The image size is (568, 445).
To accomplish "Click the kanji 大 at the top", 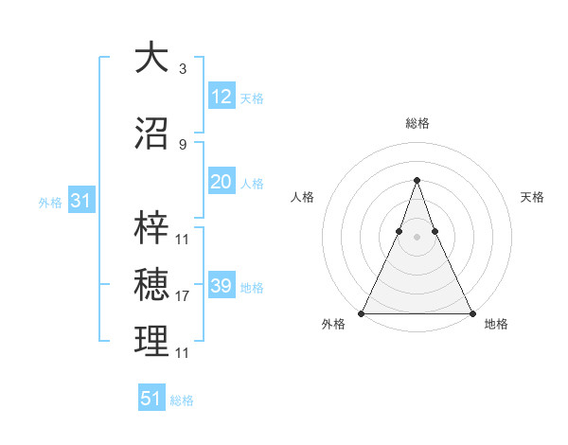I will pos(151,58).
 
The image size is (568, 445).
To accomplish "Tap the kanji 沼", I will pos(151,133).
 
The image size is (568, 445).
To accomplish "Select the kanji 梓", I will pos(151,227).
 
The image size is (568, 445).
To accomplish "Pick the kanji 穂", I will pos(151,285).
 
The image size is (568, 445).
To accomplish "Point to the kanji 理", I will pos(151,342).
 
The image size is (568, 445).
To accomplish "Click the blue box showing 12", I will pos(222,97).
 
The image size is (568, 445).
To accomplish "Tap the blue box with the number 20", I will pos(222,182).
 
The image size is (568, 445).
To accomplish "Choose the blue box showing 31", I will pos(81,201).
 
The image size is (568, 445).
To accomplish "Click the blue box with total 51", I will pos(151,399).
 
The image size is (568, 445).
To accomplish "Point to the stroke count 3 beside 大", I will pos(182,69).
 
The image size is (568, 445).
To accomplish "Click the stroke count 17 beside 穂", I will pos(183,296).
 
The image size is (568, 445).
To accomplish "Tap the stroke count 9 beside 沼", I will pos(182,145).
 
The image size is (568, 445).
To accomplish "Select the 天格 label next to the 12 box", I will pos(252,98).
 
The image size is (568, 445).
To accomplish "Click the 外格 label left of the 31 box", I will pos(50,203).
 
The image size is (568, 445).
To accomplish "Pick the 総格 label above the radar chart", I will pos(417,123).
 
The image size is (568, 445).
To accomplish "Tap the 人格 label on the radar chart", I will pos(302,197).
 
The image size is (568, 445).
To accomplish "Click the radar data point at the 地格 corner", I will pos(471,312).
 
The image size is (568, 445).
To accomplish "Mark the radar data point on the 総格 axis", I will pos(417,179).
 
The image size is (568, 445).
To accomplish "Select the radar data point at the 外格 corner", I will pos(362,312).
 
